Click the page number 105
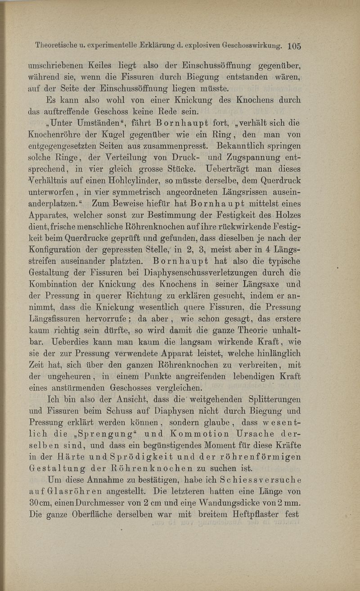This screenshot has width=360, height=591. point(293,45)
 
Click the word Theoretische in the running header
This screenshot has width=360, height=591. point(55,45)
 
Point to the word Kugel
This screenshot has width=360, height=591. point(104,135)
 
